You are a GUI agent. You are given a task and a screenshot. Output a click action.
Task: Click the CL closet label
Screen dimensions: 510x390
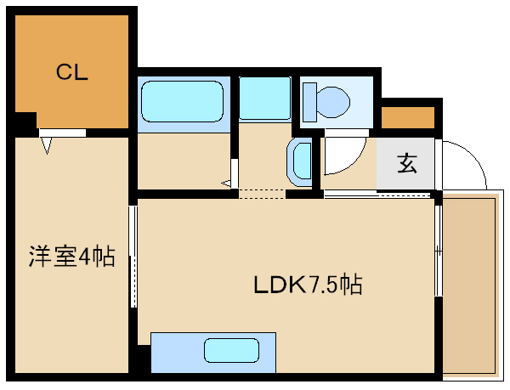click(x=72, y=72)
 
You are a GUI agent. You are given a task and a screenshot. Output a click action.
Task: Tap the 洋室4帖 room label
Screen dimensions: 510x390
click(x=72, y=256)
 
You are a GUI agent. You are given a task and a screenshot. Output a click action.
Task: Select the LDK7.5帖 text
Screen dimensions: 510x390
click(x=308, y=285)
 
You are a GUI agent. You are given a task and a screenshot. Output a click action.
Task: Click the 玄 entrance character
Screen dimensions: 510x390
click(x=407, y=163)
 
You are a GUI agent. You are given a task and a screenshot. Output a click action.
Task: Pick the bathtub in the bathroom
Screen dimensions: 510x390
click(x=183, y=101)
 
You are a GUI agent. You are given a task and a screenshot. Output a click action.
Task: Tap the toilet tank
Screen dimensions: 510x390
click(x=309, y=102)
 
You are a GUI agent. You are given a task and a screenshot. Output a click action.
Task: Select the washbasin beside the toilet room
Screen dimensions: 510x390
click(x=299, y=161)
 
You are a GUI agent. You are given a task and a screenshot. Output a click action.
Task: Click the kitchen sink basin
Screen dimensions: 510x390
click(x=231, y=350)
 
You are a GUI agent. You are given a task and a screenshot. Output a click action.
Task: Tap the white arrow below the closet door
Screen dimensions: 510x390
click(x=47, y=145)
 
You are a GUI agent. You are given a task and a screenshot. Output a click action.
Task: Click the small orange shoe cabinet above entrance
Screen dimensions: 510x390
click(x=408, y=117)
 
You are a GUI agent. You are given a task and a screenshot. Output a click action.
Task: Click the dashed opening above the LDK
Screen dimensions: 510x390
click(x=262, y=194)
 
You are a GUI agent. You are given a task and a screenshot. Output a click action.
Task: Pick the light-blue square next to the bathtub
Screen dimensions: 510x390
click(x=264, y=98)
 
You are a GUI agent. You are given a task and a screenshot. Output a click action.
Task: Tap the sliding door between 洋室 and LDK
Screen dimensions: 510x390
click(x=133, y=256)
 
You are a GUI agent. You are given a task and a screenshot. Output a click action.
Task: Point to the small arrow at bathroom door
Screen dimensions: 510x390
click(x=226, y=184)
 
